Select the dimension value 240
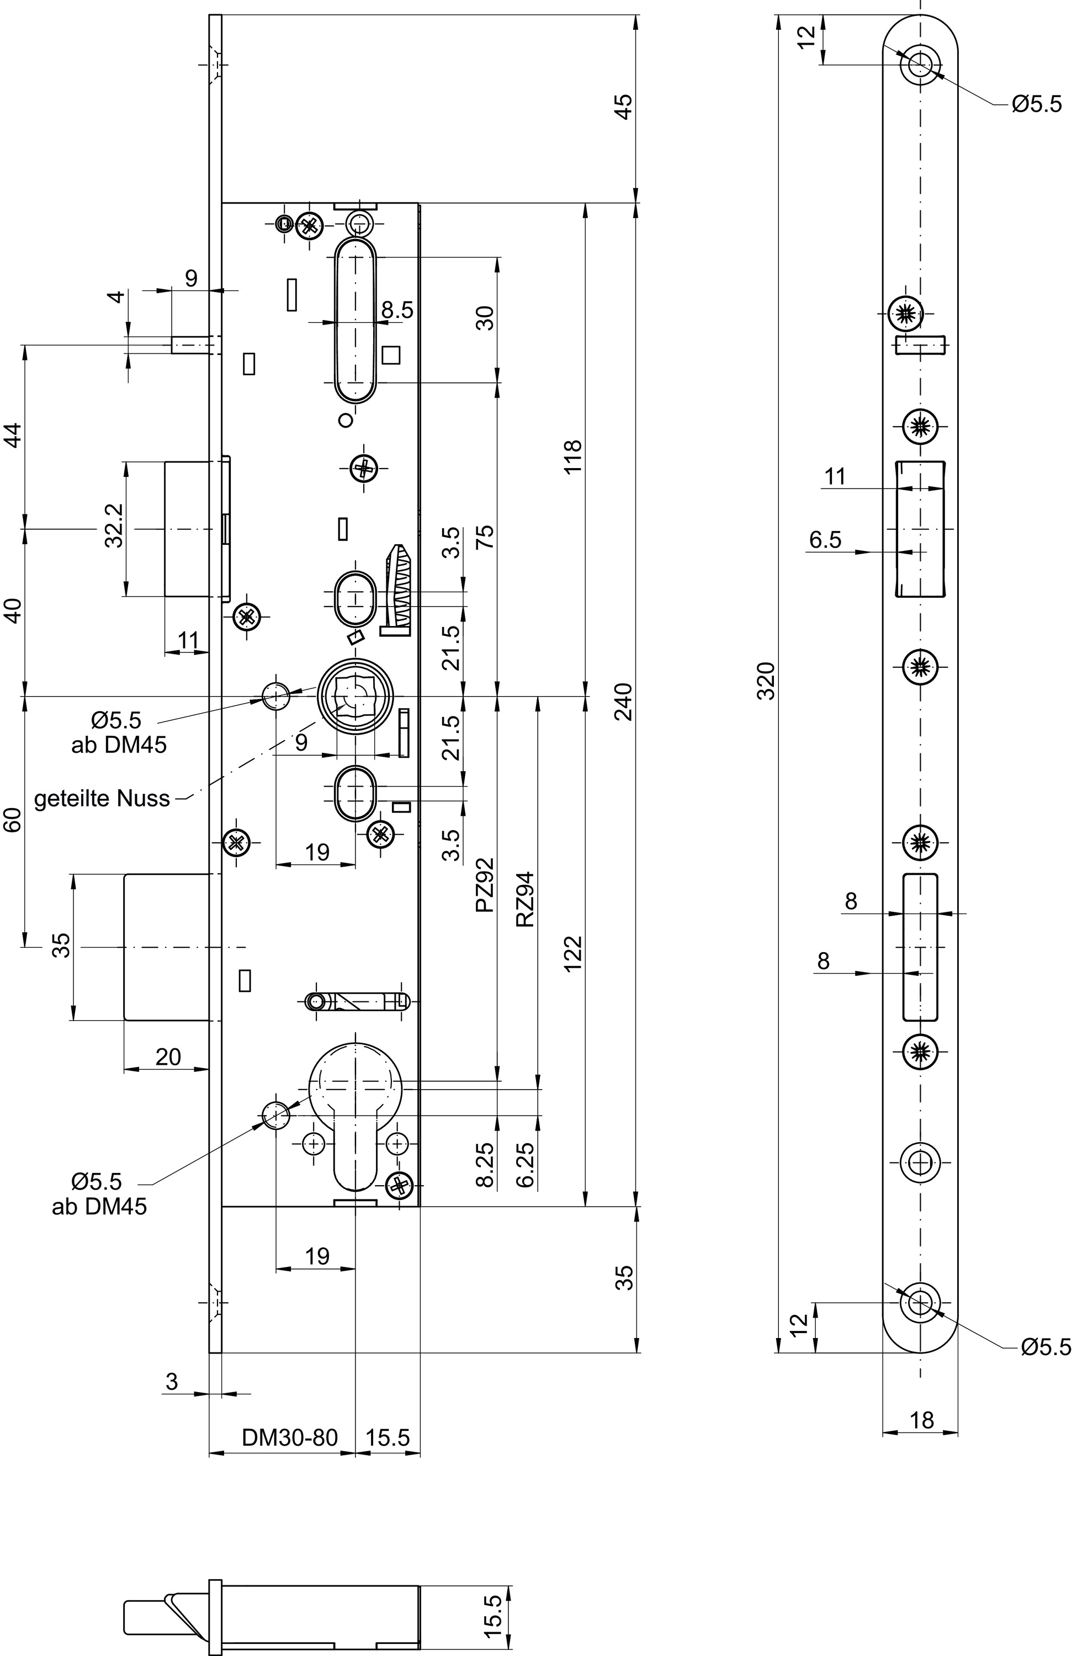(x=625, y=702)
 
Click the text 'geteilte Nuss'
(x=102, y=798)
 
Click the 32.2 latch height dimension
(x=115, y=526)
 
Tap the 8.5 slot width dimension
(x=397, y=310)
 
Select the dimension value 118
(x=572, y=457)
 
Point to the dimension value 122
(x=572, y=954)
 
